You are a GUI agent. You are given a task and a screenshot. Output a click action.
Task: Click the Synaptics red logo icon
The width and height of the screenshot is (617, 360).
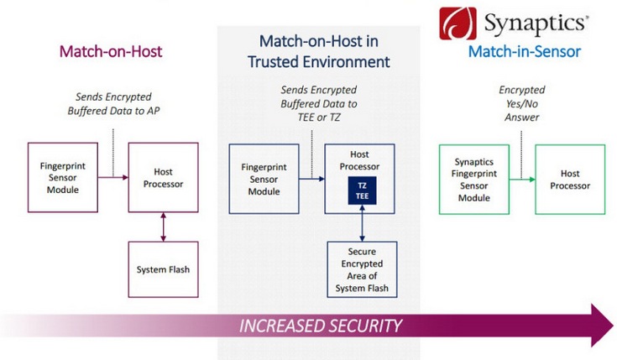[x=459, y=23]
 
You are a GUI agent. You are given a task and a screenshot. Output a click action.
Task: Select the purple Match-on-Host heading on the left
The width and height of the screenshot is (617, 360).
[x=110, y=52]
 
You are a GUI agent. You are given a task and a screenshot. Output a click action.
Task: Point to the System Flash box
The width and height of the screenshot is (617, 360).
[x=162, y=269]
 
